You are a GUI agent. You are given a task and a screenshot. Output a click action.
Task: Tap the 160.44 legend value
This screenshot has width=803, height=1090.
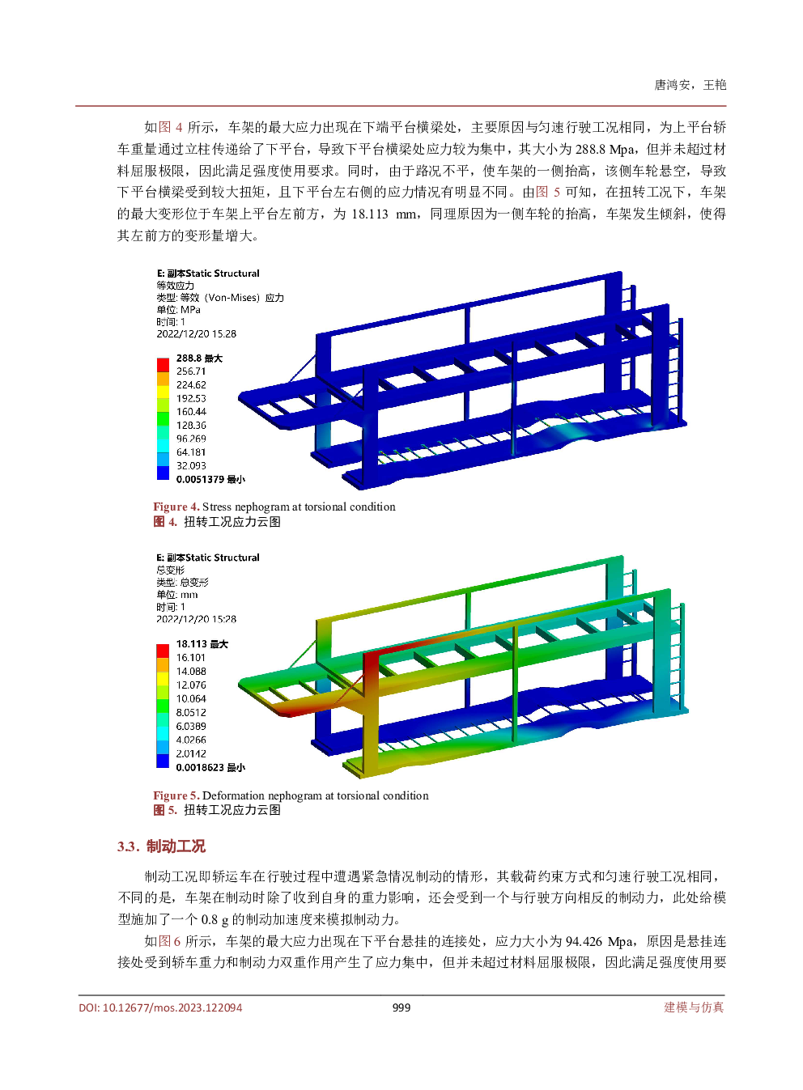click(x=191, y=412)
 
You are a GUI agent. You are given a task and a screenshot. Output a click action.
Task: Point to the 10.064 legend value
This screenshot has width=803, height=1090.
click(x=191, y=699)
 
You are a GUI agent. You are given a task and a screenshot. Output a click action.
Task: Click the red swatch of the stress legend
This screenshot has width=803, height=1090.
click(x=163, y=365)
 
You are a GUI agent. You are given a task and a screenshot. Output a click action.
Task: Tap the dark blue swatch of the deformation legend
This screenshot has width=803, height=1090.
click(x=163, y=761)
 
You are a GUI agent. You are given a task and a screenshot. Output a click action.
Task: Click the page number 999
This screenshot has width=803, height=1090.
click(x=401, y=1007)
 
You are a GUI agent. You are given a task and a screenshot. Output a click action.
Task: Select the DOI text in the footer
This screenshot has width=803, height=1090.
click(x=160, y=1007)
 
